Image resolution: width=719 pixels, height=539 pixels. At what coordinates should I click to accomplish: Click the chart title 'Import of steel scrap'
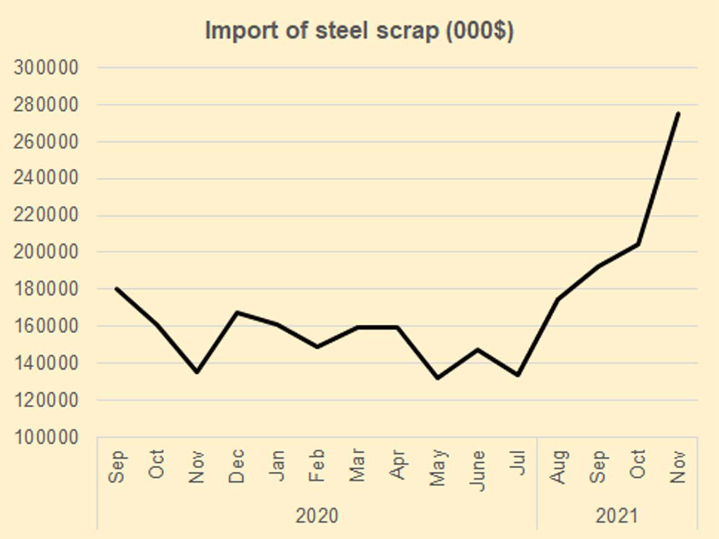(x=359, y=31)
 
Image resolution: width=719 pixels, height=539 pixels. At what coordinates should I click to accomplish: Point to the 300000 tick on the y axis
(x=46, y=68)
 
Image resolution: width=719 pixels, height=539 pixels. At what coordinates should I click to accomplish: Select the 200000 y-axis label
(x=46, y=252)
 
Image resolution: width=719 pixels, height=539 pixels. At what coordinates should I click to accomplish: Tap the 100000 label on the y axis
(x=46, y=437)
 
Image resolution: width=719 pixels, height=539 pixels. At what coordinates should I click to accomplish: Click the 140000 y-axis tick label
(x=46, y=363)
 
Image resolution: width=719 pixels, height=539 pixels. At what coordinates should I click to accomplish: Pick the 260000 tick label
(x=46, y=142)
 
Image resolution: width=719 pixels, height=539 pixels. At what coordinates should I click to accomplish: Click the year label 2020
(x=317, y=516)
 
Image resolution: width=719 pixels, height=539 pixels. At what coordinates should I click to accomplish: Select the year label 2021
(x=617, y=516)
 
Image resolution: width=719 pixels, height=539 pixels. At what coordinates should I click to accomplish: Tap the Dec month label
(x=237, y=466)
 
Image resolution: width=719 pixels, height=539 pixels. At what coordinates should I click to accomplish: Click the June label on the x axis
(x=477, y=471)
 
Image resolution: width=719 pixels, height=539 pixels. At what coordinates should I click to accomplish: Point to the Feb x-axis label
(x=317, y=466)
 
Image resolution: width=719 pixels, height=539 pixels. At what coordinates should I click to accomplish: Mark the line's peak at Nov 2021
(x=678, y=113)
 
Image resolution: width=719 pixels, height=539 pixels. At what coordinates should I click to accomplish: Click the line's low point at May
(x=437, y=378)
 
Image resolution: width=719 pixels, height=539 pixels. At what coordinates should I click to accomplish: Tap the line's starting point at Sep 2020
(x=116, y=288)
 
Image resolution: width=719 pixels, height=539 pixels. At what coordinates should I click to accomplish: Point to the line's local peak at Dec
(x=237, y=313)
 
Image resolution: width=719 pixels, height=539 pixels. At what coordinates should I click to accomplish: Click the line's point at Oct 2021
(x=638, y=244)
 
